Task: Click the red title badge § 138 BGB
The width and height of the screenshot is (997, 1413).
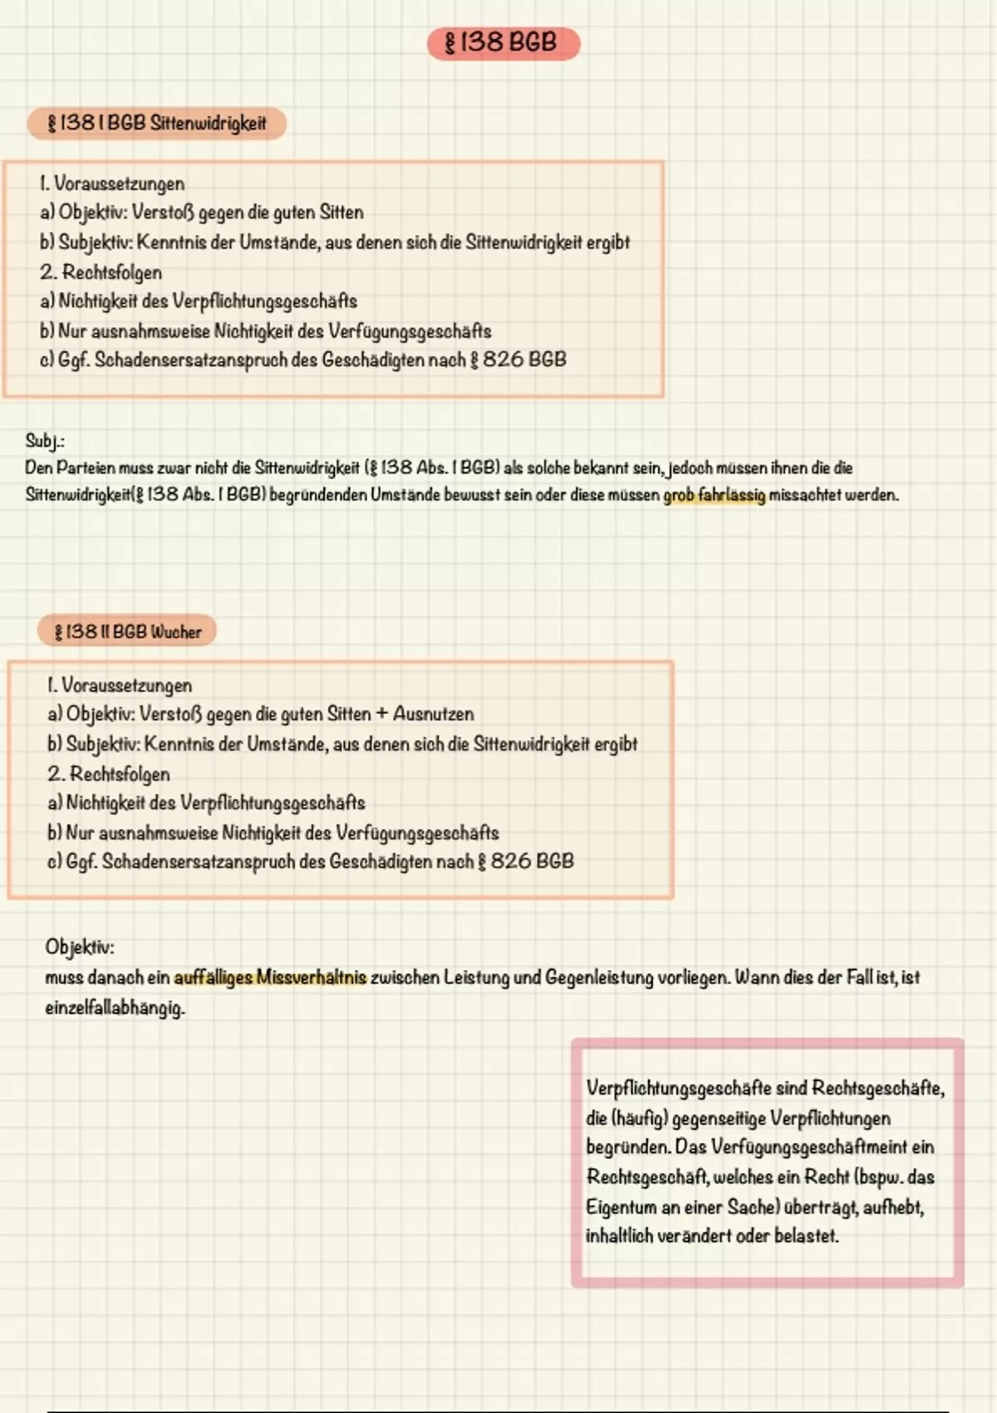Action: pos(503,42)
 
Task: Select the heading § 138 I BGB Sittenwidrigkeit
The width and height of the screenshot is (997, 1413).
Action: pos(157,124)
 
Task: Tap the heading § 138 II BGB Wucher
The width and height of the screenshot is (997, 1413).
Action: pos(127,632)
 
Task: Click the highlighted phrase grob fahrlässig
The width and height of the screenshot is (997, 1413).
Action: pos(714,495)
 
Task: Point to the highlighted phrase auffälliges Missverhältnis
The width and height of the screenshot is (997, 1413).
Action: pos(270,977)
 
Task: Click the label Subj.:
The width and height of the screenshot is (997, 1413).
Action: pos(45,441)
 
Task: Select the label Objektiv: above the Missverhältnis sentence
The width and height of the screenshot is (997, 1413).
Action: pos(80,947)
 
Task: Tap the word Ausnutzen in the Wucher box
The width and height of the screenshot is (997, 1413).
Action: pos(433,714)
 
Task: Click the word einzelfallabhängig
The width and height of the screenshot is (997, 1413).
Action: pos(115,1008)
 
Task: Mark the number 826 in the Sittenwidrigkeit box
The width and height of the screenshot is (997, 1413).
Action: pos(503,360)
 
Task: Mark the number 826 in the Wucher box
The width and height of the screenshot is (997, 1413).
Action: pos(511,862)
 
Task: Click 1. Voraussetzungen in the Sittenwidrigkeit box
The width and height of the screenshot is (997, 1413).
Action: pos(111,184)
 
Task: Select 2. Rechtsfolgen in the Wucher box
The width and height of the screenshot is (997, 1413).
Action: pos(108,774)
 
